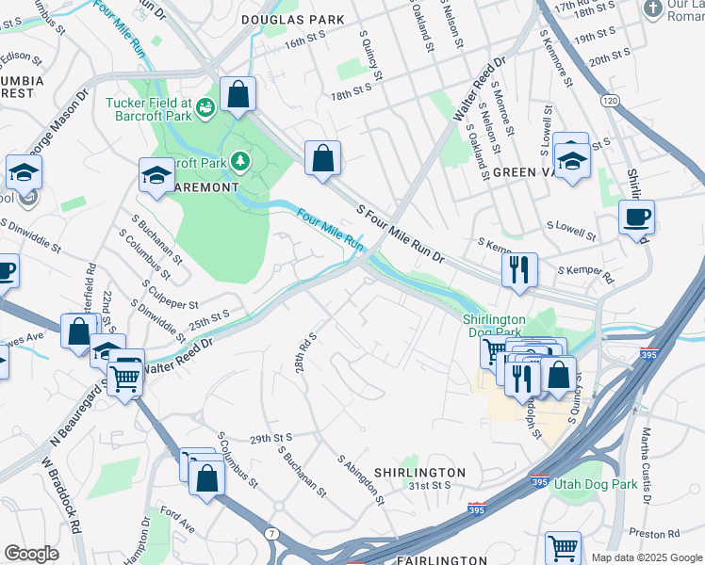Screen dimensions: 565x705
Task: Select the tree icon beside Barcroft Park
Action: [x=241, y=162]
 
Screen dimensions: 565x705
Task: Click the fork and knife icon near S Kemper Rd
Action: [x=519, y=270]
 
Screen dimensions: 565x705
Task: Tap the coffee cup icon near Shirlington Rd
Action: [x=636, y=217]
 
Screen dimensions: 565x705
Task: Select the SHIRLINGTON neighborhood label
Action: [x=419, y=472]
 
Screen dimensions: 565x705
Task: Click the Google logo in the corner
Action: [x=31, y=554]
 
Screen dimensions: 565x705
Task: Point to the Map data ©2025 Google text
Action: [x=646, y=557]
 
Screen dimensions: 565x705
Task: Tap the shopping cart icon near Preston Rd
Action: [x=563, y=547]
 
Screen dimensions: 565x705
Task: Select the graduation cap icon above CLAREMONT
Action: [x=156, y=174]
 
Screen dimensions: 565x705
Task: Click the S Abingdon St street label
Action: [x=362, y=478]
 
